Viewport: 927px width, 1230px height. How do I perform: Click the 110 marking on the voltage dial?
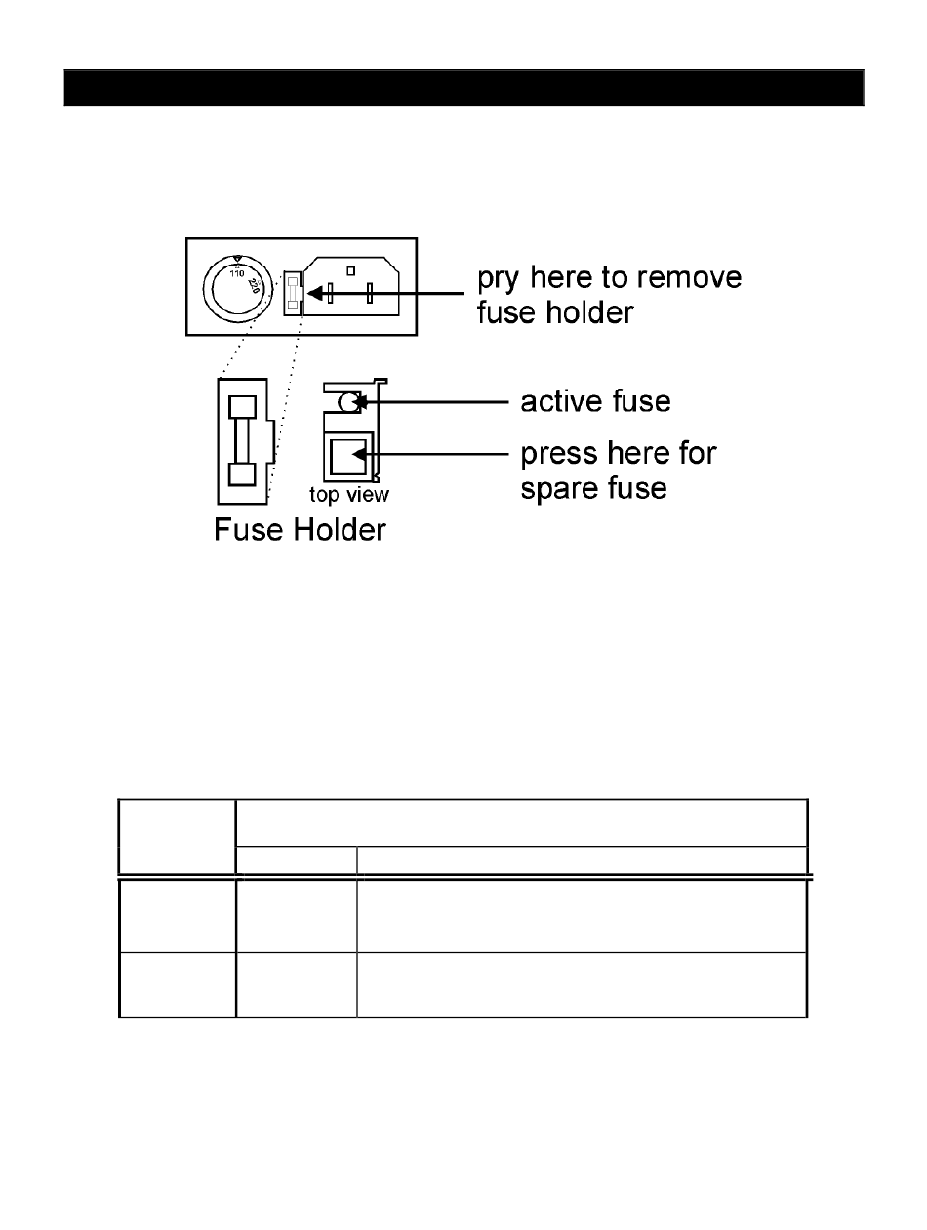click(236, 274)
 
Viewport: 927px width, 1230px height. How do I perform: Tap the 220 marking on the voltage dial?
click(254, 287)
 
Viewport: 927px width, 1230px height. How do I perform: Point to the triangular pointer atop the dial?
click(236, 258)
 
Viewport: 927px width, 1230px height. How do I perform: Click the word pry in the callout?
click(499, 279)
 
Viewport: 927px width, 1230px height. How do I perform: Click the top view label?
click(349, 495)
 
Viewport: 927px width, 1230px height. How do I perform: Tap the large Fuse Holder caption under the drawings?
click(300, 531)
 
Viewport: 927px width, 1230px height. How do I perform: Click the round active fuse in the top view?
click(347, 401)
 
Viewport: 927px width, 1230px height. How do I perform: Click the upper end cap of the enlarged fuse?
click(241, 406)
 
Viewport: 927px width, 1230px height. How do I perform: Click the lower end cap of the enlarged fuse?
click(241, 474)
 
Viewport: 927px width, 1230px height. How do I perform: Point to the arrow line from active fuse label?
click(439, 400)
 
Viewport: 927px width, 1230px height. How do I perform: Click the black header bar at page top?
click(463, 87)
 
